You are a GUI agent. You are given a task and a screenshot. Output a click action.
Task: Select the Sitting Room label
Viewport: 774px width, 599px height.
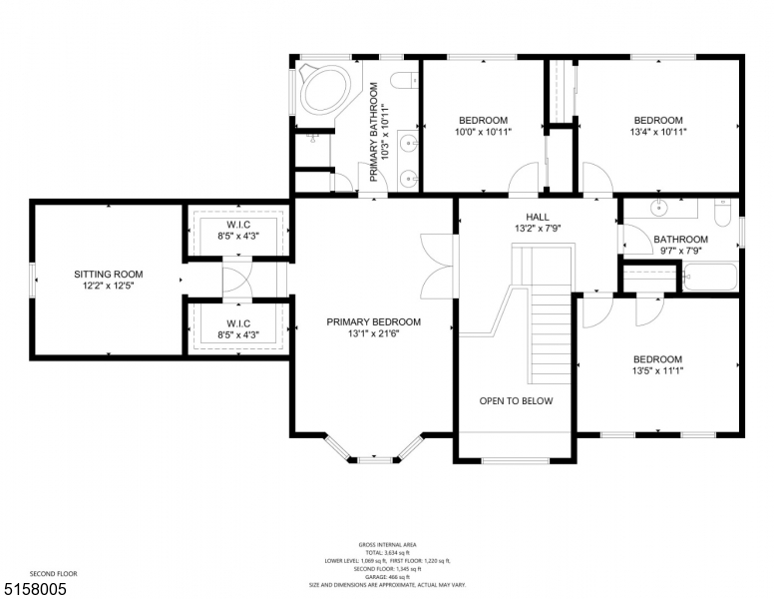[108, 274]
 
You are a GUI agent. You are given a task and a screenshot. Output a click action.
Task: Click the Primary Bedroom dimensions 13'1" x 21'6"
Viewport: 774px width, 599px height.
[374, 334]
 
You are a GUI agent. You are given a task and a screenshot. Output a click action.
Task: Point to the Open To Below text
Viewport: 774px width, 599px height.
[516, 401]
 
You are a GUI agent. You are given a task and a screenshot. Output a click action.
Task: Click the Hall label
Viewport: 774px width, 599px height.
[538, 216]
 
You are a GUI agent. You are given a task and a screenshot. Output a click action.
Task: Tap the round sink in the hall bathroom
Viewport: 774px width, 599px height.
[659, 210]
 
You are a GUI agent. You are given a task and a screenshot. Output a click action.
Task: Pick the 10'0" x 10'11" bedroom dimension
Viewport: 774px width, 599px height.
[483, 132]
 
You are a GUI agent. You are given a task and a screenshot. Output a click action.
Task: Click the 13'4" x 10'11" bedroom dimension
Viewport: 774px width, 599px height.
[658, 132]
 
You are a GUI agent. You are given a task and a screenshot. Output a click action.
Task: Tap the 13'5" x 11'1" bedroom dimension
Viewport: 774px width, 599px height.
[657, 371]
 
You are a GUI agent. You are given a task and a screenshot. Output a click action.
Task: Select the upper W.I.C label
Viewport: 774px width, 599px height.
[237, 225]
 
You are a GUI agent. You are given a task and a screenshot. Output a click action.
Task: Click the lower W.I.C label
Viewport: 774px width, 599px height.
[237, 323]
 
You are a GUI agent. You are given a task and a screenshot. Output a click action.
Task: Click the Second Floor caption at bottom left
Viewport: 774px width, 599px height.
[53, 573]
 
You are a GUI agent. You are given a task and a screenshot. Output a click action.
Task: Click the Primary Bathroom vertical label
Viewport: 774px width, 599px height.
[374, 133]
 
